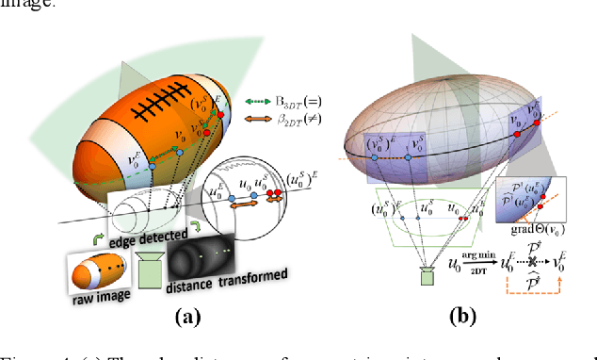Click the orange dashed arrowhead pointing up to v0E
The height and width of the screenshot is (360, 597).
[x=559, y=280]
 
